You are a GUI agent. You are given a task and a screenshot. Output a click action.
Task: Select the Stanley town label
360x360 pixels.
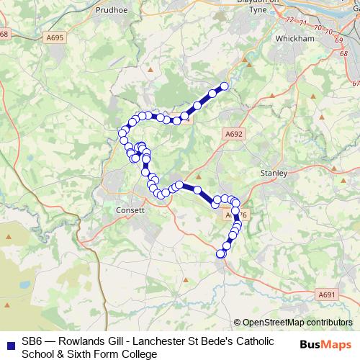pyautogui.click(x=274, y=174)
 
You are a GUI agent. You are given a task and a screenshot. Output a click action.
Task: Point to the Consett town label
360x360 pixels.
pyautogui.click(x=130, y=210)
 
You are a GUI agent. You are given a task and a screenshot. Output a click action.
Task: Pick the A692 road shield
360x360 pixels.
pyautogui.click(x=234, y=134)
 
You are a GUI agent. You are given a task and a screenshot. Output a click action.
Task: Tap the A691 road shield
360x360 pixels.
pyautogui.click(x=327, y=294)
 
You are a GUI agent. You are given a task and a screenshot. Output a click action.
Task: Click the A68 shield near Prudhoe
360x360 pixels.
pyautogui.click(x=5, y=35)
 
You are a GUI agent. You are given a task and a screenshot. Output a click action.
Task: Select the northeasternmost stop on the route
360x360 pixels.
pyautogui.click(x=224, y=86)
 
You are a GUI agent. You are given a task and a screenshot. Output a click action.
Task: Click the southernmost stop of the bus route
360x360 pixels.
pyautogui.click(x=221, y=253)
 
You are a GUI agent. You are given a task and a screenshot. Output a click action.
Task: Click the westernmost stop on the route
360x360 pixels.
pyautogui.click(x=122, y=132)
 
